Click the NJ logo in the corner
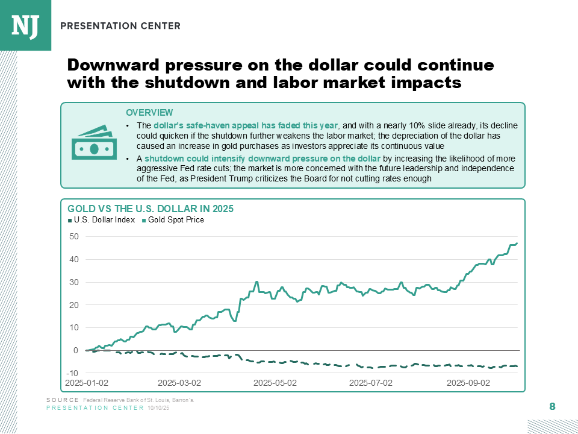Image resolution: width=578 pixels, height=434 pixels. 25,25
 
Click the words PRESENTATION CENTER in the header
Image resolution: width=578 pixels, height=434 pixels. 120,26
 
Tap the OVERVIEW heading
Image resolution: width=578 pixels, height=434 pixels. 149,113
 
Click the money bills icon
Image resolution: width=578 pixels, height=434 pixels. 93,143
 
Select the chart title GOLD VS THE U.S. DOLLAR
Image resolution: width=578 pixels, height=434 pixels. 150,209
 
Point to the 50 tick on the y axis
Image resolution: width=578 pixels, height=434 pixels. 74,237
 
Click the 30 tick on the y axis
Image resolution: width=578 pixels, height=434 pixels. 74,282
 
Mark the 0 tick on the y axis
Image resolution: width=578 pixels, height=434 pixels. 76,350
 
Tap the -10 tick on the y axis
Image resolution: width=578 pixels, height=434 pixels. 73,373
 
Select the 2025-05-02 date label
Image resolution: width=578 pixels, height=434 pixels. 275,383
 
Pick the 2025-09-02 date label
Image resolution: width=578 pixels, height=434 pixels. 467,383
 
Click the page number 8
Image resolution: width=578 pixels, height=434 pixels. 552,407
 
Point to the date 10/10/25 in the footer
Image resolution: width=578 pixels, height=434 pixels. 158,408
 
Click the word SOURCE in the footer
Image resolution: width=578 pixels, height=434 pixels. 62,400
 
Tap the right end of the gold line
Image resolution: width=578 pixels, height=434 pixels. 517,244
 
